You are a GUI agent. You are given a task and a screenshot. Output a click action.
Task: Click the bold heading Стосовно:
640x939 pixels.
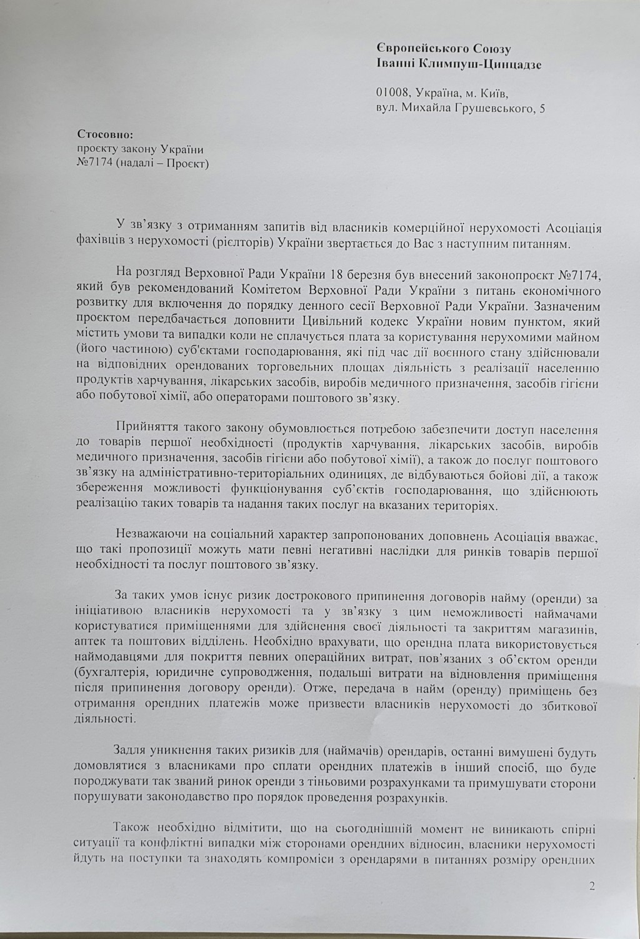104,134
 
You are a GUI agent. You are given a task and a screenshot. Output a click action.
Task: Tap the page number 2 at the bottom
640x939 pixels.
592,886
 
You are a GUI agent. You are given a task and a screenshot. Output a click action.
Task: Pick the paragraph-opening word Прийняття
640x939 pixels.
143,430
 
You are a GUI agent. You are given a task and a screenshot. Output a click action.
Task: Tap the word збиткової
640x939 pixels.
567,706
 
